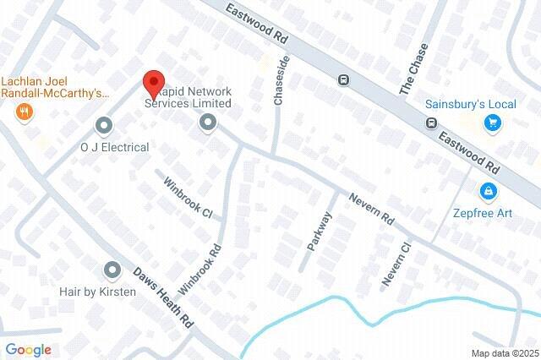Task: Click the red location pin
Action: pos(153,83)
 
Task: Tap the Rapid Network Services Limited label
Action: pos(188,97)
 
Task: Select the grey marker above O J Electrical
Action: pos(104,127)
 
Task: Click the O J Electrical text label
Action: pos(114,147)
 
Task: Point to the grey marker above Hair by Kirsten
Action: pos(112,270)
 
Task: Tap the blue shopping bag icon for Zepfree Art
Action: pos(488,192)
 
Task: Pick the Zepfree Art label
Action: pos(482,213)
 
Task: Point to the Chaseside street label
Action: pos(282,80)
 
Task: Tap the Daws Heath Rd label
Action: pos(164,299)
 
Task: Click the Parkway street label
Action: pos(320,231)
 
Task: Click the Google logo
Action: pos(28,350)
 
